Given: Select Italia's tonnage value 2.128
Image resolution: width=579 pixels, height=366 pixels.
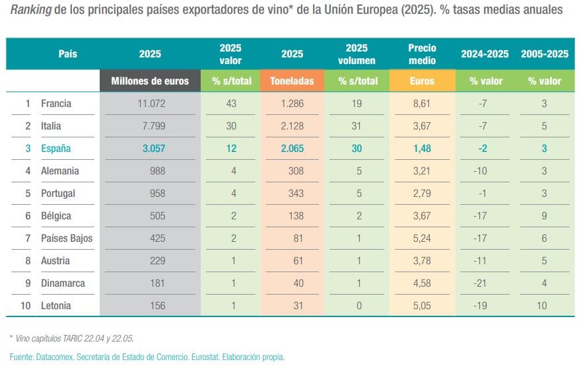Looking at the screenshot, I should coord(292,126).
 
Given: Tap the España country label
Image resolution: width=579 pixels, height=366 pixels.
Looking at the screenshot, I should coord(55,149).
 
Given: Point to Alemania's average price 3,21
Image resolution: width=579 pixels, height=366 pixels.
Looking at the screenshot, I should coord(421,171).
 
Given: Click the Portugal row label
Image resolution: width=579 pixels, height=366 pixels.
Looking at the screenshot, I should coord(58,194).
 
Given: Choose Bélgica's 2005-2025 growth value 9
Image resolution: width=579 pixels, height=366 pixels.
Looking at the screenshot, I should coord(544,216).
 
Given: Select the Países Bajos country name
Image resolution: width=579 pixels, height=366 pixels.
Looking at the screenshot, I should coord(67,238).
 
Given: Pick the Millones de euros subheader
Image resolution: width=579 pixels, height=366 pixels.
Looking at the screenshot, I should coord(150,81).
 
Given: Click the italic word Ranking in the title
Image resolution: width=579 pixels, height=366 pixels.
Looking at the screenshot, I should coord(30,11).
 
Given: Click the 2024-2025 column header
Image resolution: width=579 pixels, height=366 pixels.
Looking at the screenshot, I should coord(485,54).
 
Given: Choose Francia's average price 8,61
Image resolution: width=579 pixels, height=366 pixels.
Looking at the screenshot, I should coord(421,104).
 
